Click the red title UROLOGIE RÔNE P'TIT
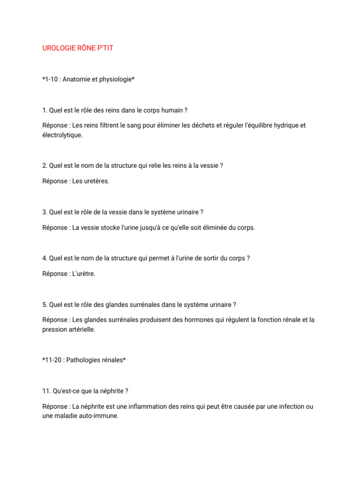78,48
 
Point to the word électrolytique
62,135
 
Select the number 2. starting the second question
45,165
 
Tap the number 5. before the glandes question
45,305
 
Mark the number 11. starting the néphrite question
46,391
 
